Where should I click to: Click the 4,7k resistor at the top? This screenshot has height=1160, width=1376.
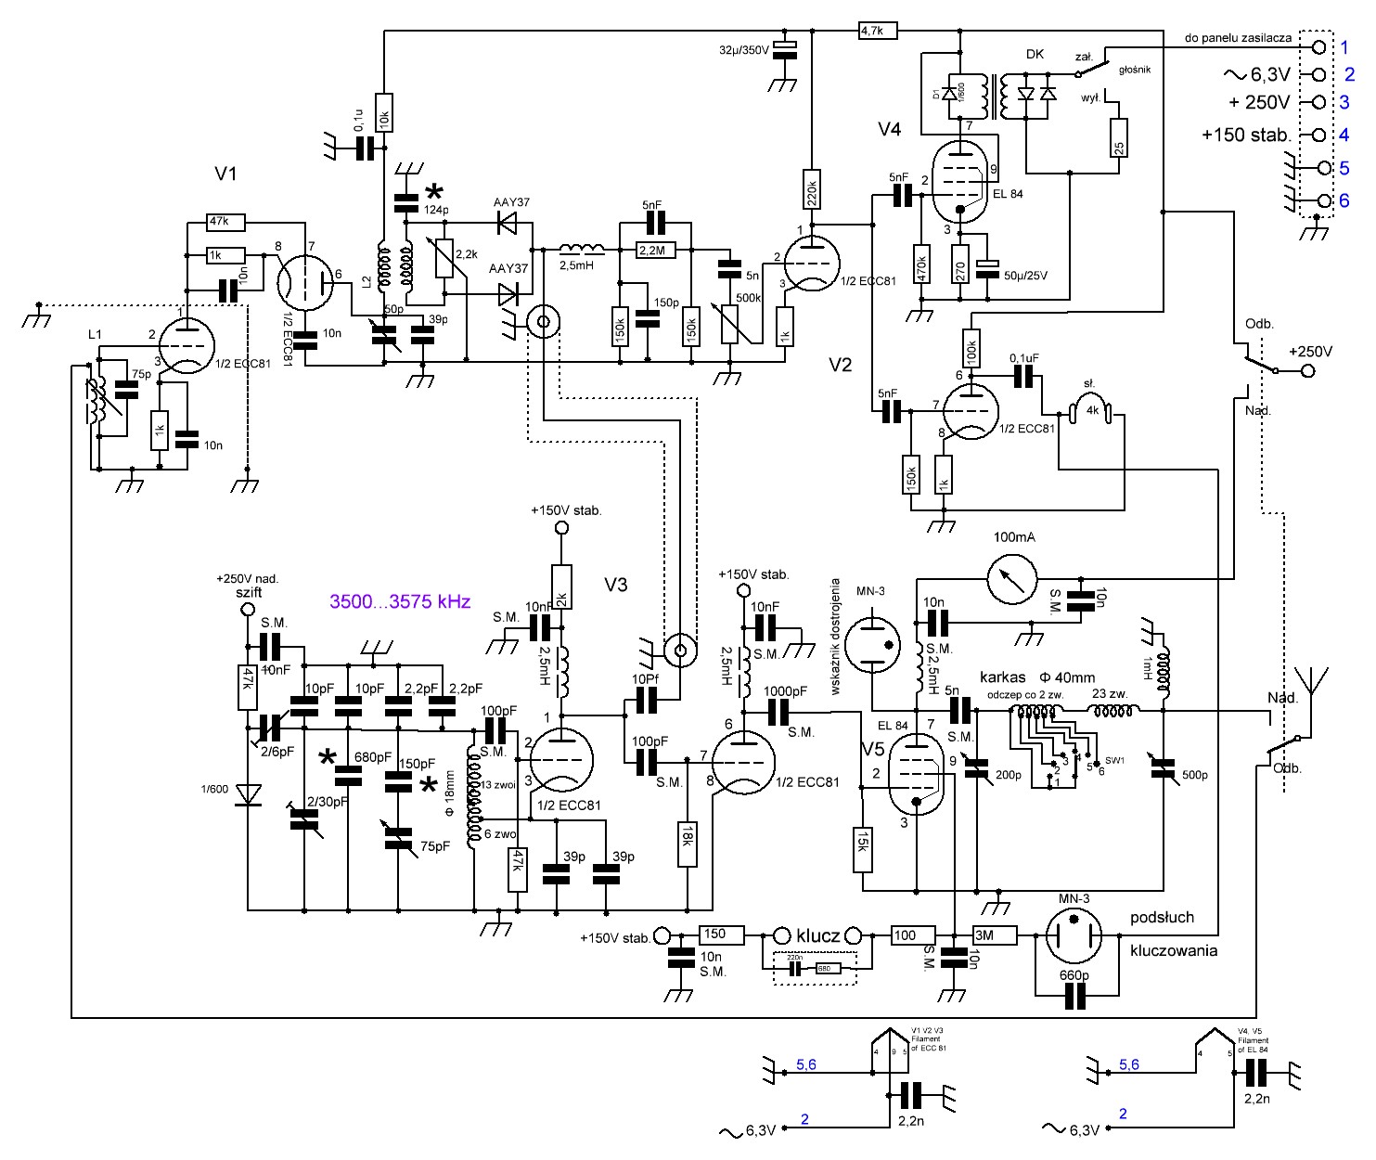(x=877, y=31)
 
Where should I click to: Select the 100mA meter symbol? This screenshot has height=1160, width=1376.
(x=1012, y=579)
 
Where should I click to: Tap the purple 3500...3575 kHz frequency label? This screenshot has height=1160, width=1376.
(x=400, y=601)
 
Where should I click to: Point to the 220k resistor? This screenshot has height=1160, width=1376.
(x=812, y=193)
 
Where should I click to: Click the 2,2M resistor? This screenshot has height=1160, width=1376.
(x=656, y=250)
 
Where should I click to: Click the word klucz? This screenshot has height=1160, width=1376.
(x=817, y=935)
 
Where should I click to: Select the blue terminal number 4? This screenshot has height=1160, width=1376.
(x=1344, y=135)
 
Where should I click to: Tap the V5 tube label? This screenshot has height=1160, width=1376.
(x=872, y=749)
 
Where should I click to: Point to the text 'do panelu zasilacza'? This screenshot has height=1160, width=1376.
(x=1238, y=38)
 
